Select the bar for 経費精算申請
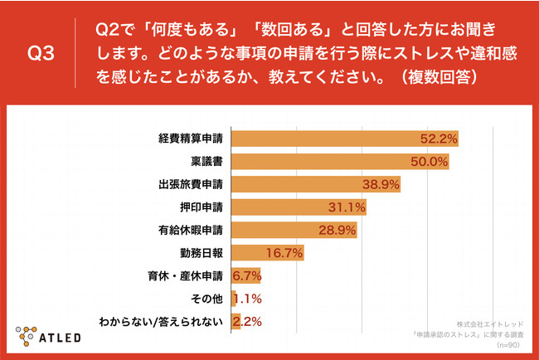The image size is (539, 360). pos(345,138)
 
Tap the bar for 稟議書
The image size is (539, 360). pos(340,161)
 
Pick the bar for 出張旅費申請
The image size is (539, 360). pos(316,183)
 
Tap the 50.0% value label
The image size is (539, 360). pos(430,161)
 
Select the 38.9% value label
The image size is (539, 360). pos(381,184)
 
